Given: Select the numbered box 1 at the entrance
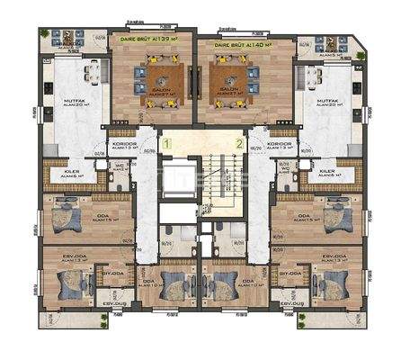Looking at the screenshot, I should coord(166,142).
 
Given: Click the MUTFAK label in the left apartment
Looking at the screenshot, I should coord(63,101).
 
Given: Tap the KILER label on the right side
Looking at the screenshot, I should coord(327,169).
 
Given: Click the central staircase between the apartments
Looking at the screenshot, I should coord(202,184).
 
